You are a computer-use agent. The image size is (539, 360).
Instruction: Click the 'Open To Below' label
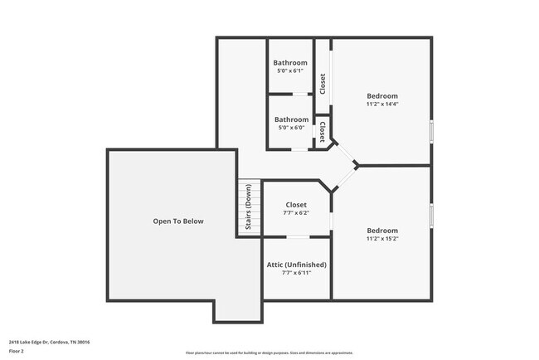pos(177,221)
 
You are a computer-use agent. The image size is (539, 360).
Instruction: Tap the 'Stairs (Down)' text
pos(249,208)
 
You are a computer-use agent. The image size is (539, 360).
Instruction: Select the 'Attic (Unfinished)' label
pos(296,265)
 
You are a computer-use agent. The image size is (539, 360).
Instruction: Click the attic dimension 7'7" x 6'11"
pos(296,273)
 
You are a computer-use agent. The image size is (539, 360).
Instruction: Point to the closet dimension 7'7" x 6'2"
pos(296,213)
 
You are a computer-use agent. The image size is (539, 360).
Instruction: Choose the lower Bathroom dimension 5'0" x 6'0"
pos(291,128)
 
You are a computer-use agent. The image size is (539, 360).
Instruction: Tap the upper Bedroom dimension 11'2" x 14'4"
pos(382,105)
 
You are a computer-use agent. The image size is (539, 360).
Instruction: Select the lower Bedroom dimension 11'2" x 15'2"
pos(382,239)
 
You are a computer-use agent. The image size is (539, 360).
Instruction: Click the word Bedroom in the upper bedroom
pos(382,96)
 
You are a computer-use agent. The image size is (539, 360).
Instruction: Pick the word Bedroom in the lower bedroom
pos(382,231)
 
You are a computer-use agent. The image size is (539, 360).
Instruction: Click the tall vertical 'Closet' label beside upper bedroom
pos(323,83)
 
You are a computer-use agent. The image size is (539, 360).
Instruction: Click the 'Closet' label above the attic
pos(296,205)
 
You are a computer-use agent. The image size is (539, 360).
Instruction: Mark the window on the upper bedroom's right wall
pos(431,131)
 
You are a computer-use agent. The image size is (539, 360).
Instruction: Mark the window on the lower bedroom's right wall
pos(431,212)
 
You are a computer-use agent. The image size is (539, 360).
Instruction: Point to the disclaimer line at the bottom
pos(269,353)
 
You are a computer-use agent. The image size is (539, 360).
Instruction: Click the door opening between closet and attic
pos(297,237)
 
